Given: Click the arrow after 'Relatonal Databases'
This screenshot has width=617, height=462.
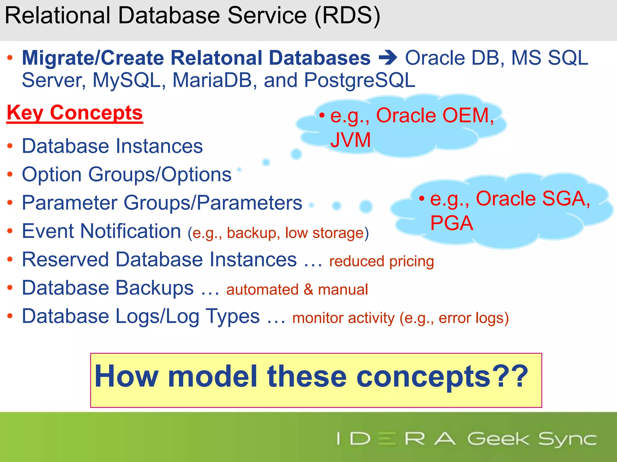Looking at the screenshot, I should point(388,58).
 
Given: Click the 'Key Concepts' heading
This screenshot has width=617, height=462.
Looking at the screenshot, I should point(74,113).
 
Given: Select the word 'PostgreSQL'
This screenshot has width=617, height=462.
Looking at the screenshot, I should point(360,80).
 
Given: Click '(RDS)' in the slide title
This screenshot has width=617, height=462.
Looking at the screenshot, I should point(347,16).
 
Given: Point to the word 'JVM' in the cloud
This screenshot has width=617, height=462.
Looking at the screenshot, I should point(350,140).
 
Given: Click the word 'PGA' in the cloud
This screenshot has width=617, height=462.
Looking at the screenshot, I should point(452,223).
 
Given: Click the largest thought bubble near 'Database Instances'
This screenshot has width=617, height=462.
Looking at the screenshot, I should point(296,154).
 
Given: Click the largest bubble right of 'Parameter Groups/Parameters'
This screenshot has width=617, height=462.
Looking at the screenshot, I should point(366,206).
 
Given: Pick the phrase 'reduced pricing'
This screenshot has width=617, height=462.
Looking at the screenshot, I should point(381,261).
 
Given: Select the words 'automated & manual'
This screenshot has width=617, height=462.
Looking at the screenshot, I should point(297,289).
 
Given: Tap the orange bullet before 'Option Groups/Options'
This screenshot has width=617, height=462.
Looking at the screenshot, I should point(10,174).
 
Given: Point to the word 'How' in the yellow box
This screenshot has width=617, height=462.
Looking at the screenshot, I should point(127,377).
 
